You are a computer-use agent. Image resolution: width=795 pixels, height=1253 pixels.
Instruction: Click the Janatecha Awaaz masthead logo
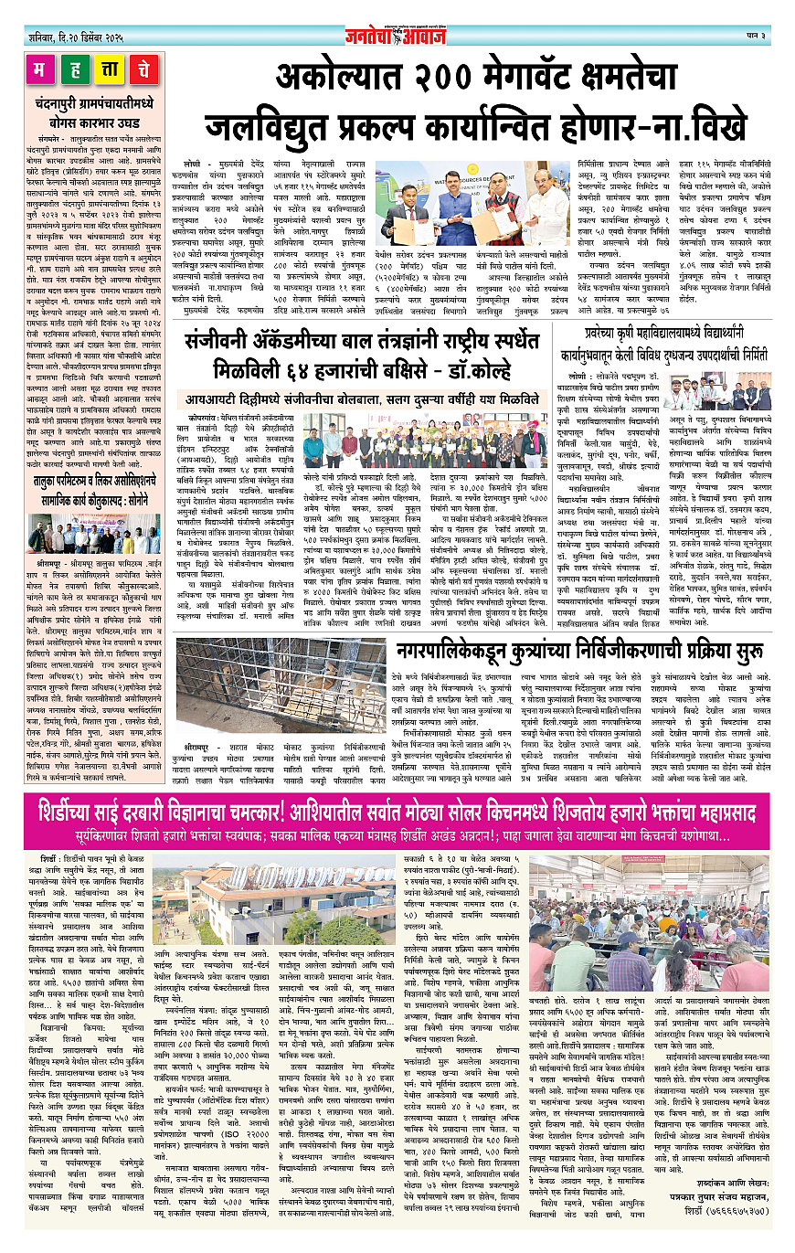pyautogui.click(x=396, y=37)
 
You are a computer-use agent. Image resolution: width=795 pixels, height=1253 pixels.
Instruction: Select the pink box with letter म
pyautogui.click(x=40, y=69)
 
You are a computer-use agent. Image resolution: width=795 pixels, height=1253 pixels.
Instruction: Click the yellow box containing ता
pyautogui.click(x=107, y=69)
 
